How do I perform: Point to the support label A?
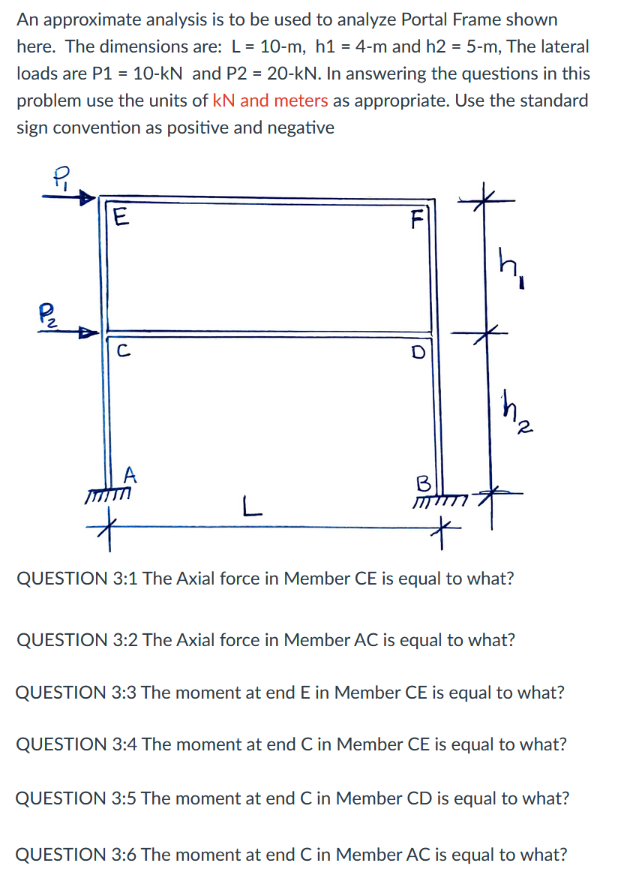[x=130, y=474]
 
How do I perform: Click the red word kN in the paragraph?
[x=223, y=101]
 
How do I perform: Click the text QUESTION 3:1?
[x=76, y=579]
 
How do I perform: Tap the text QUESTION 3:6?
[x=76, y=854]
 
